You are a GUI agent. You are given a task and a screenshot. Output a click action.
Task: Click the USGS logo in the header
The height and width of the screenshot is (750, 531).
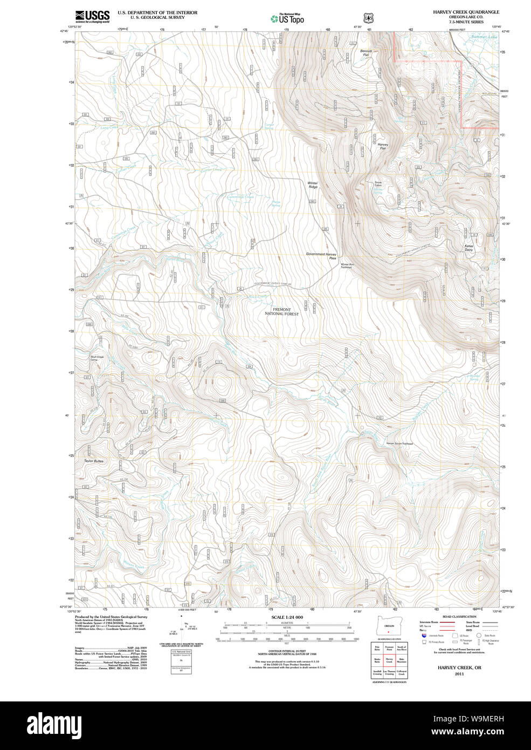click(92, 16)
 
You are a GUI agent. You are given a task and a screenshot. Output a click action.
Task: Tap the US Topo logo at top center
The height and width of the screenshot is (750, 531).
click(287, 19)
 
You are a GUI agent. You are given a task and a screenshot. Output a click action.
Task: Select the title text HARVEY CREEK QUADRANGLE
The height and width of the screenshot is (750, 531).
click(466, 12)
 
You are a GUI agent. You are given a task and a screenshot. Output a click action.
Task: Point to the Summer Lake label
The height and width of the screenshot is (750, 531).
click(484, 37)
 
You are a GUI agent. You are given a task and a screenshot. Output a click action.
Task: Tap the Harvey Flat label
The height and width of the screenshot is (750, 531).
click(382, 146)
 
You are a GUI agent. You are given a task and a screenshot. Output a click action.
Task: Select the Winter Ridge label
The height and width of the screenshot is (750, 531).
click(313, 185)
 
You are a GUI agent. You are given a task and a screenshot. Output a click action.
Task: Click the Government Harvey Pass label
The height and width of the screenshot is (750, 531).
click(321, 256)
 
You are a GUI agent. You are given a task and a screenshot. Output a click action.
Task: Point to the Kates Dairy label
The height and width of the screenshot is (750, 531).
click(468, 248)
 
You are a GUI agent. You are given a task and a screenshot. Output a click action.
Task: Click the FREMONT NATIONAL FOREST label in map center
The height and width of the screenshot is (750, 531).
click(281, 311)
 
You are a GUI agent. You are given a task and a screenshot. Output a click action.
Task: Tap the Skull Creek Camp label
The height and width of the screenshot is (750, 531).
click(97, 358)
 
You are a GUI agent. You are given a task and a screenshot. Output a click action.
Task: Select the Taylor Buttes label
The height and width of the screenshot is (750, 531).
click(93, 461)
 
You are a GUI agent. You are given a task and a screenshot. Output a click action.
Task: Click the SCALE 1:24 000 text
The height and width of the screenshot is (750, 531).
click(287, 617)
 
